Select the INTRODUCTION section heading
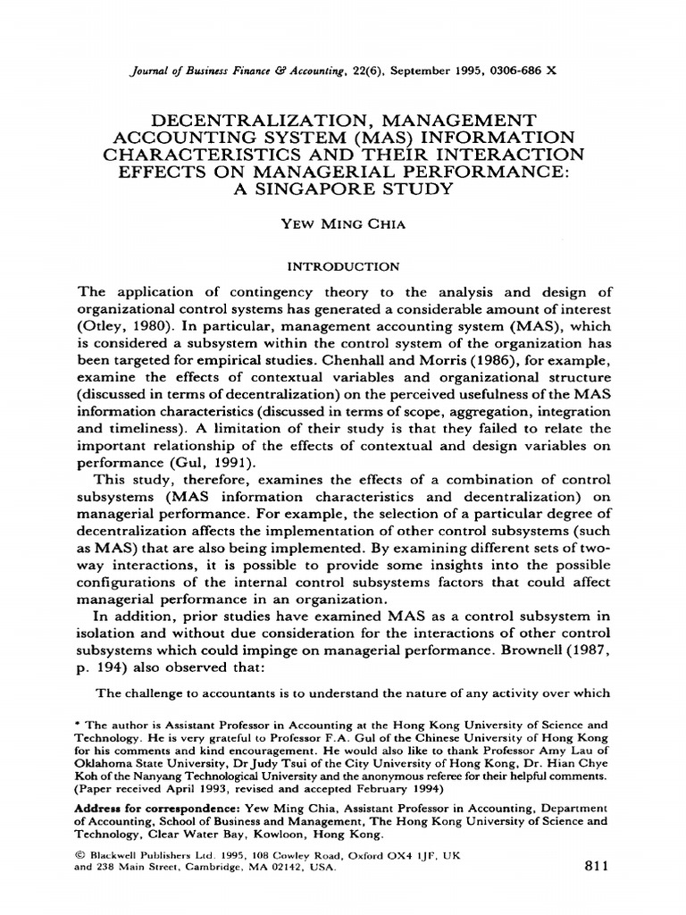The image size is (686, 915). point(342,265)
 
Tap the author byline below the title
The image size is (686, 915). point(343,224)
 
